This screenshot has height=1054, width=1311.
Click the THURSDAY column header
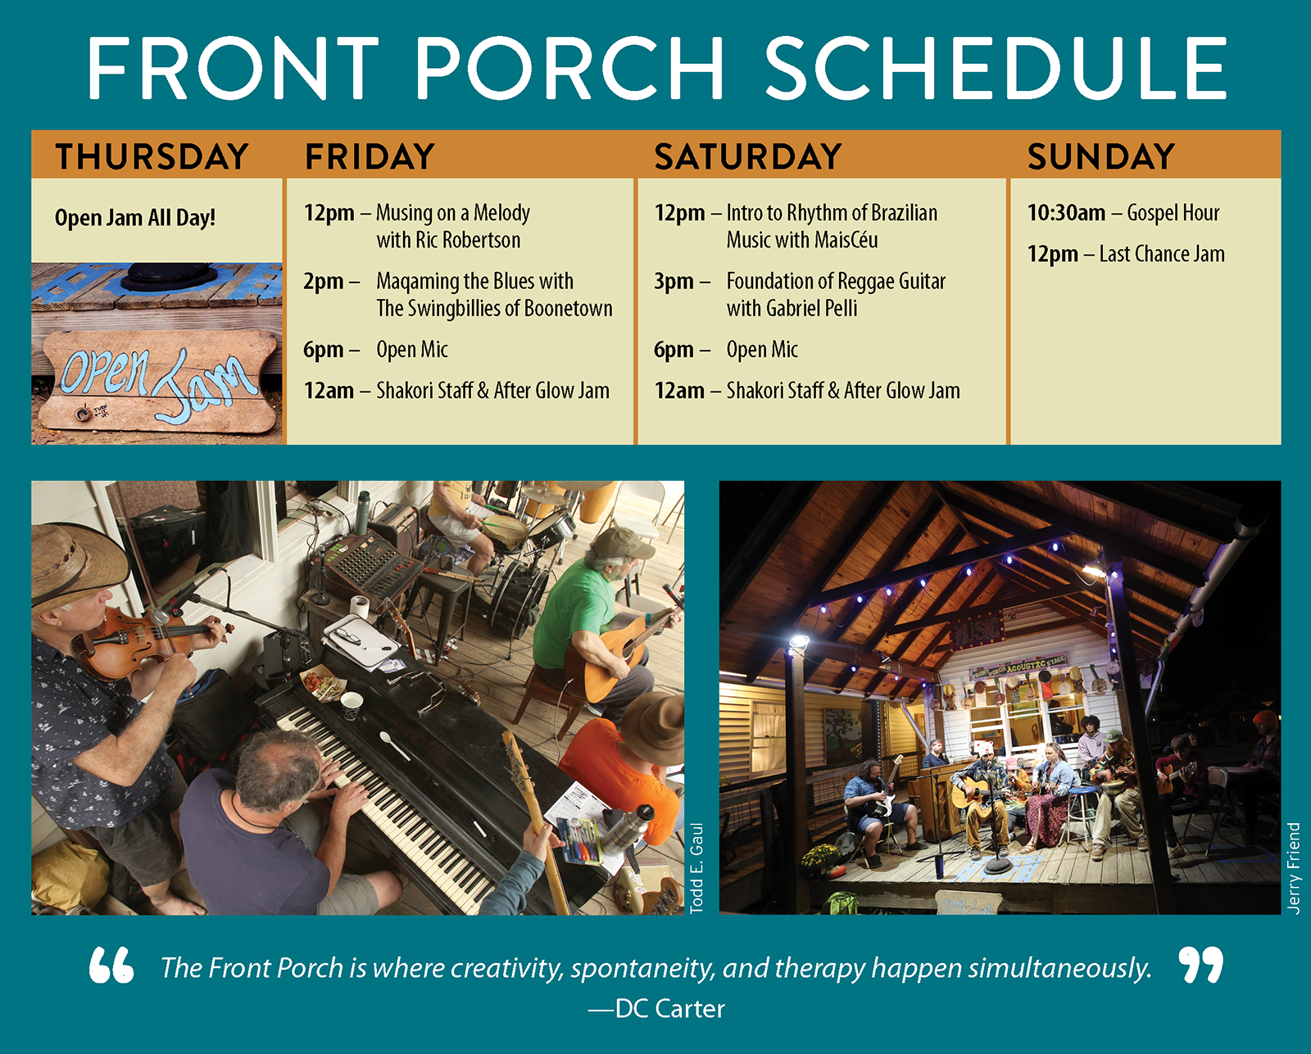(152, 156)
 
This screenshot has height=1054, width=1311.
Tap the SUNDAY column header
(1101, 156)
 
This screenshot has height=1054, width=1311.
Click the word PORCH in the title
(570, 69)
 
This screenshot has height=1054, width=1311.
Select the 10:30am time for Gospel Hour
(1066, 213)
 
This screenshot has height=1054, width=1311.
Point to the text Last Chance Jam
(1162, 254)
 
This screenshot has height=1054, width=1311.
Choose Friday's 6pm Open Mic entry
(412, 350)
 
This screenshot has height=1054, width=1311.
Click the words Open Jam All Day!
(135, 218)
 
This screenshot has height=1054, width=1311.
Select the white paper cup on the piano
(352, 705)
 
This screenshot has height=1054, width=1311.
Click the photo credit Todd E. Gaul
(696, 868)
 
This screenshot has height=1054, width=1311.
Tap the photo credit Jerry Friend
(1293, 868)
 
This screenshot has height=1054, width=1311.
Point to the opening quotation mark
(111, 966)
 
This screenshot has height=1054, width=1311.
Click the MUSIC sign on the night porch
(977, 631)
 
